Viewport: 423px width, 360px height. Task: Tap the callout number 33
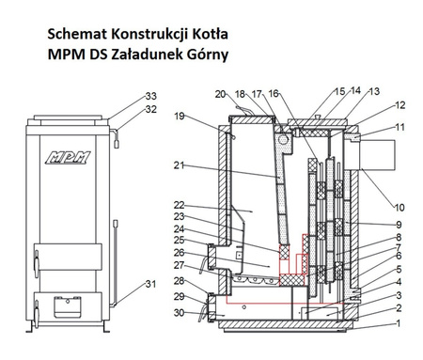151,97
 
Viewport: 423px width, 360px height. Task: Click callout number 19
180,117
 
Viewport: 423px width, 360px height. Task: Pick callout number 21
180,165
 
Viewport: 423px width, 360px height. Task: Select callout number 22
180,206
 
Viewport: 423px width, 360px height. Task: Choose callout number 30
179,312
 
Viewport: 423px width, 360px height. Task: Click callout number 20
220,94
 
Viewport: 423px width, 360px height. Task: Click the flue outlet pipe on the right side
372,152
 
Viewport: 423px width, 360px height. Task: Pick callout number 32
151,109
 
